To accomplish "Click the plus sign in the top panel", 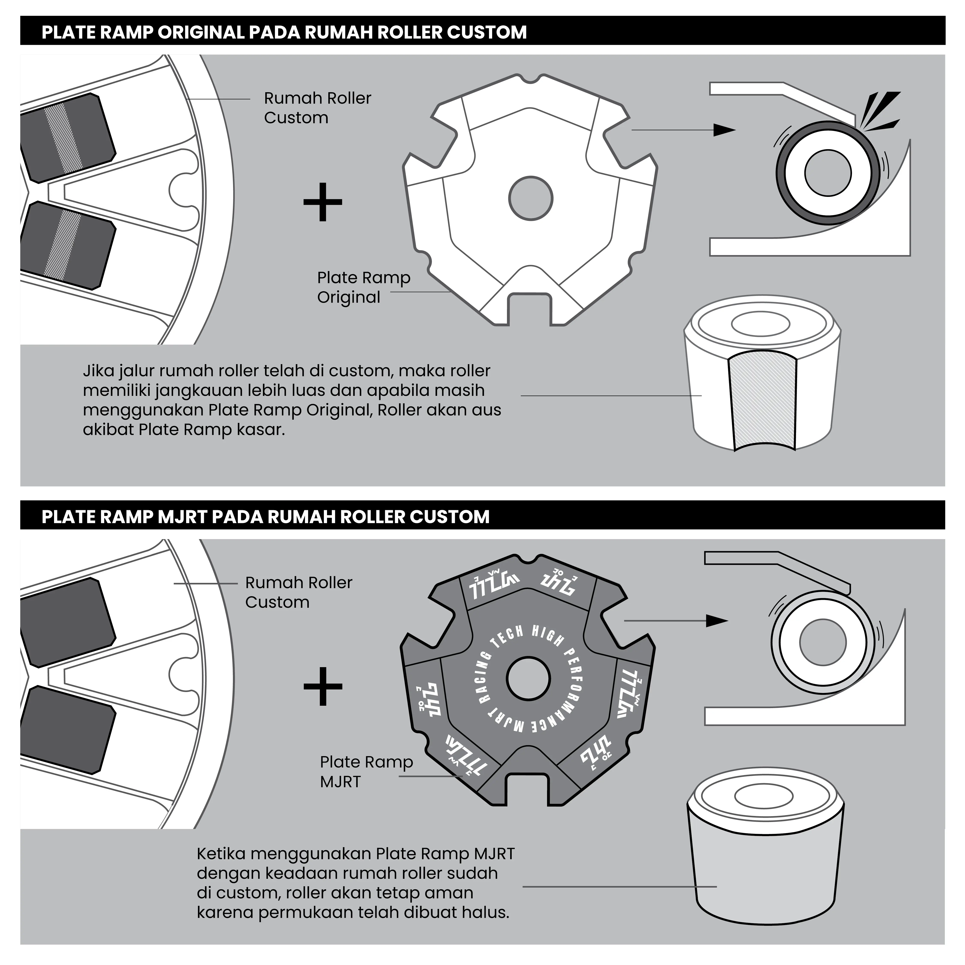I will coord(323,202).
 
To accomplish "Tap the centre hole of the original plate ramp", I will coord(531,198).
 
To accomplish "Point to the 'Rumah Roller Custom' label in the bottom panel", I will coord(299,592).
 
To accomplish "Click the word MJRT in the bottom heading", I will coord(182,516).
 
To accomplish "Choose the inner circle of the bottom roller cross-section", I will coord(823,642).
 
